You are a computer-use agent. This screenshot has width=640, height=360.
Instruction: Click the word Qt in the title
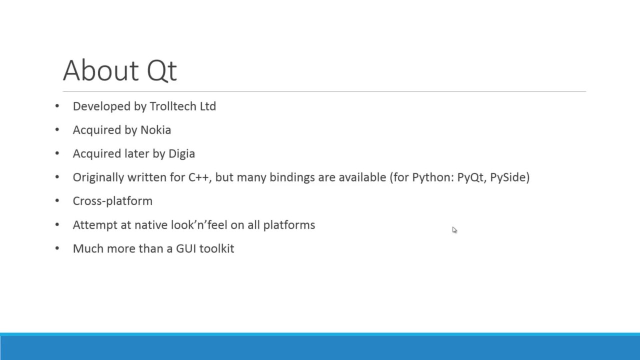coord(161,70)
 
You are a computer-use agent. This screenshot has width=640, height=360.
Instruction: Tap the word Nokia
coord(155,130)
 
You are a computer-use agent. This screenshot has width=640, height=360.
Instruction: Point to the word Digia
coord(181,154)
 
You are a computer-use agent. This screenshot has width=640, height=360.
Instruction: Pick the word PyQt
coord(470,177)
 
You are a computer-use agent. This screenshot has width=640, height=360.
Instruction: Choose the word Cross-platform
coord(112,201)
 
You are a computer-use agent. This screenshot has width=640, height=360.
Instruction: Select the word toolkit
coord(216,248)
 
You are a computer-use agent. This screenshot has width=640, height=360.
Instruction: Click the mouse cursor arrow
coord(454,230)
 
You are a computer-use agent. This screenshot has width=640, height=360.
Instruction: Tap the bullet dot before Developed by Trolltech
coord(57,106)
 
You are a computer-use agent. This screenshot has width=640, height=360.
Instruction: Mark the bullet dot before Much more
coord(57,248)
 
